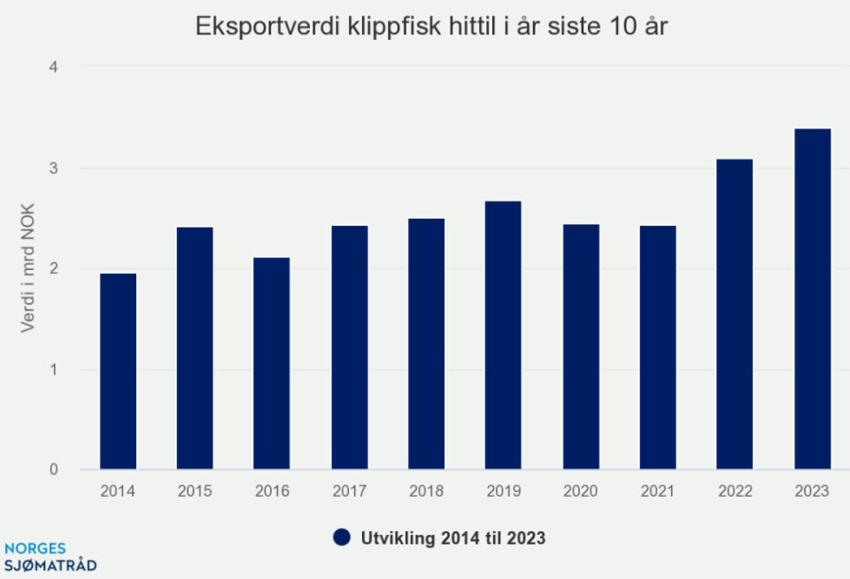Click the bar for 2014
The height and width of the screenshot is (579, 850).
pos(118,372)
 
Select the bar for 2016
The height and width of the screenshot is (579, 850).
pos(271,364)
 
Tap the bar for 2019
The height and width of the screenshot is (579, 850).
pos(503,336)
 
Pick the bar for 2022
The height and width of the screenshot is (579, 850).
pos(734,314)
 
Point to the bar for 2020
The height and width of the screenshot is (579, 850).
pos(581,347)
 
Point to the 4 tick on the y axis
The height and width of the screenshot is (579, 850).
pos(53,67)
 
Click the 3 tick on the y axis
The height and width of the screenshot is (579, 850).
pos(53,168)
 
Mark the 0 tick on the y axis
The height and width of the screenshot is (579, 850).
pos(53,470)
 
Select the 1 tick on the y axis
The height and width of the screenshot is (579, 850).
pos(53,370)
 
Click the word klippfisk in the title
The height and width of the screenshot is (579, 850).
pos(375,27)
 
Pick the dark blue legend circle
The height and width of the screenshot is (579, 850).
pos(342,537)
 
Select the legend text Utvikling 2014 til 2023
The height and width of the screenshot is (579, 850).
pos(451,537)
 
